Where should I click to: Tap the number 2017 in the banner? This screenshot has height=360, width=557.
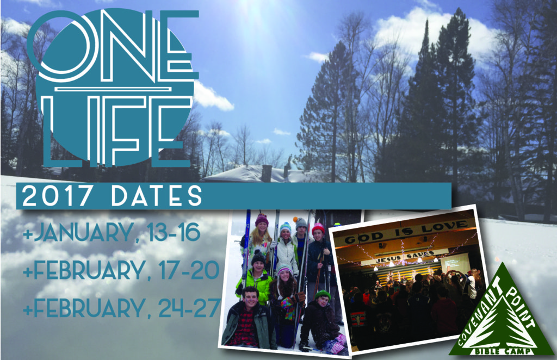[57, 196]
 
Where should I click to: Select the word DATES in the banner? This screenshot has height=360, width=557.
[157, 196]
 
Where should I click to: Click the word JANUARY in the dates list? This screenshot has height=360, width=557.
[82, 233]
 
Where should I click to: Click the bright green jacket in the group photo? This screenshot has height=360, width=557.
[256, 284]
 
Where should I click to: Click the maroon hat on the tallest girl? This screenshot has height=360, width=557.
[262, 220]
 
